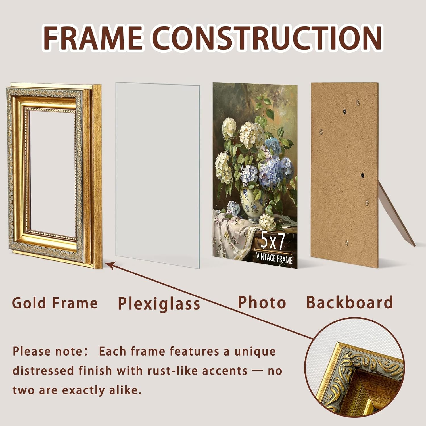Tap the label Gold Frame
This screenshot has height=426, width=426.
pos(55,303)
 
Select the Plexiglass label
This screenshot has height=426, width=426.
pos(159,304)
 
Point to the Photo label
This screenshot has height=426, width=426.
pos(262,302)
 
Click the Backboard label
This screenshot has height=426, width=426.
pos(349,302)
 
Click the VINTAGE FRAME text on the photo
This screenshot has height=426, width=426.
pos(274,258)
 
